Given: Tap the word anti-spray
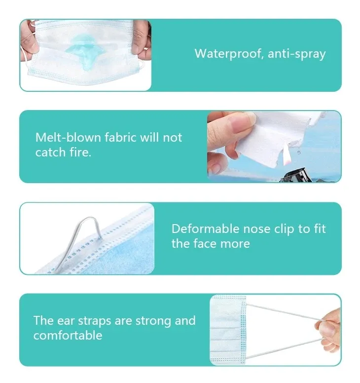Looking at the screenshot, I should (x=297, y=54).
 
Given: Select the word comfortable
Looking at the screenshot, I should (x=68, y=336).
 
